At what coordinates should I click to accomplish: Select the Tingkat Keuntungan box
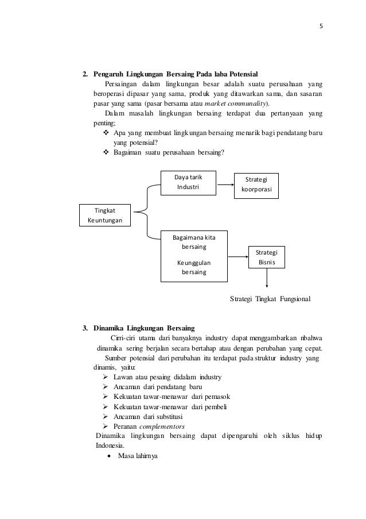pos(104,216)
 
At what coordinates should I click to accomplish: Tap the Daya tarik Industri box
pos(189,182)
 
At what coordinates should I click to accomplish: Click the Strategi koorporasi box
pos(256,186)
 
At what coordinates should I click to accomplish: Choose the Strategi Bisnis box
pos(267,257)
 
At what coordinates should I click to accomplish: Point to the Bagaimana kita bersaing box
pos(193,256)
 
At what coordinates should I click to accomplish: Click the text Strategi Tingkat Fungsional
pos(270,299)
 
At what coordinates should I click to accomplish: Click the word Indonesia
pos(110,445)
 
